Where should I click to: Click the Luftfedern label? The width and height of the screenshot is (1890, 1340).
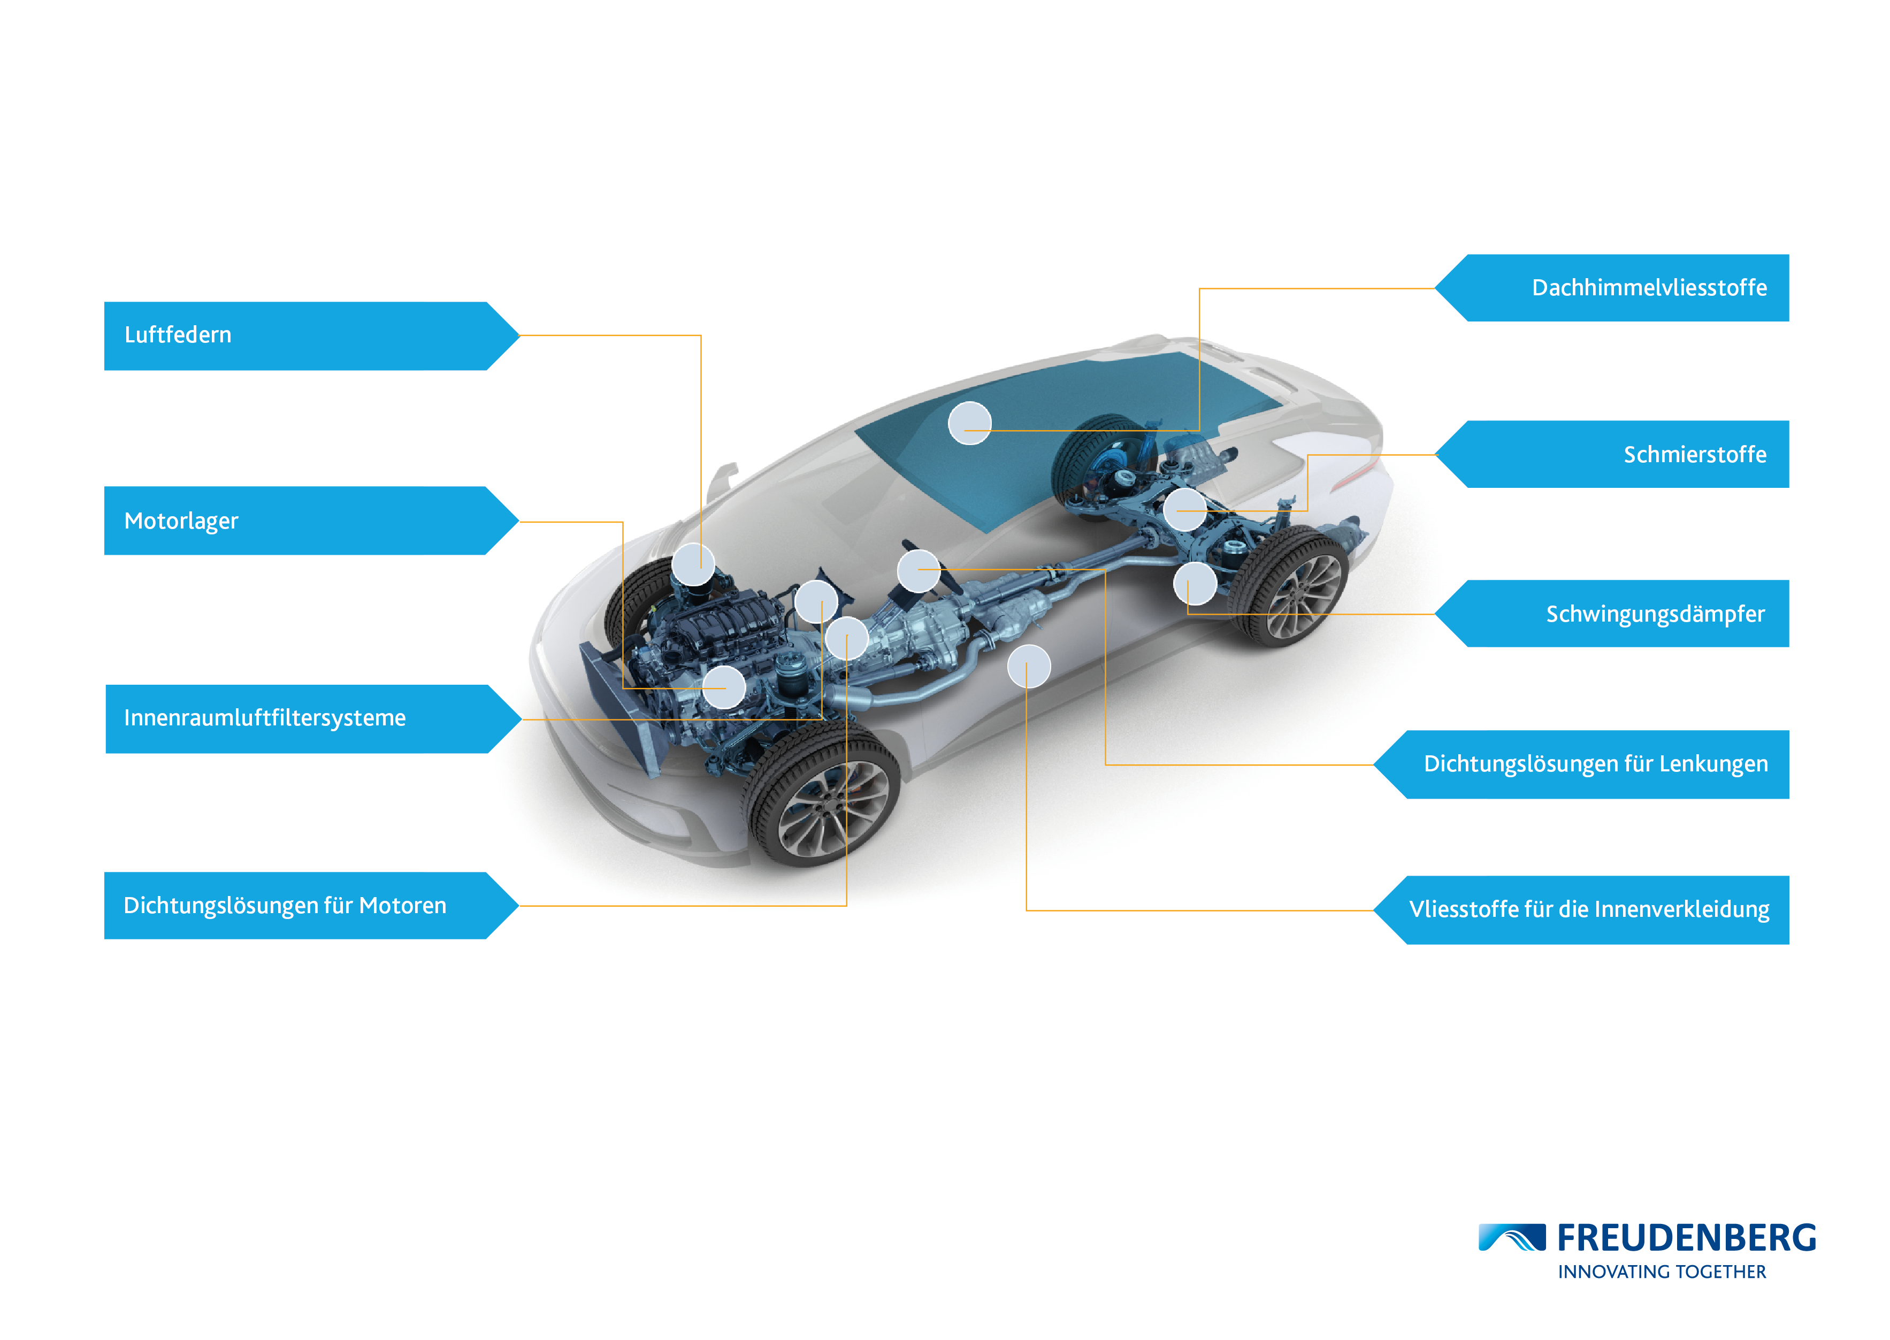(178, 335)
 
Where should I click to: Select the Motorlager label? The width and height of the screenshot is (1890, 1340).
(181, 522)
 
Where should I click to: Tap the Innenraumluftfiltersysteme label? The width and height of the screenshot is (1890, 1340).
(265, 718)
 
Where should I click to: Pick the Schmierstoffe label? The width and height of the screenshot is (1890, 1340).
(1695, 455)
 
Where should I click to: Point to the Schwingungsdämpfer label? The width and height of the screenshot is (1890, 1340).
(1655, 614)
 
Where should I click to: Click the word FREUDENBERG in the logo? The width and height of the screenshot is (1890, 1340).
(1686, 1238)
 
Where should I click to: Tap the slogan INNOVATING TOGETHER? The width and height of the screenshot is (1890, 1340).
(1662, 1273)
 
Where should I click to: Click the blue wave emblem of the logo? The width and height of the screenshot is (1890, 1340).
(1511, 1238)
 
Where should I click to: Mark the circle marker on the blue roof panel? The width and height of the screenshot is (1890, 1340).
(969, 423)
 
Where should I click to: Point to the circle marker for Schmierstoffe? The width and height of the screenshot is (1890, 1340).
(1184, 510)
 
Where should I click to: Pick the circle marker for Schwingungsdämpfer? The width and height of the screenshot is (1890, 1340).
(1195, 584)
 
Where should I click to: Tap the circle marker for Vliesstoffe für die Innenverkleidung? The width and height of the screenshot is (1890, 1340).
(1029, 666)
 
